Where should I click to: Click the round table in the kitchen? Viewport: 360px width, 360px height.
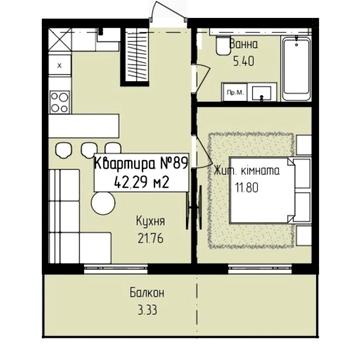pos(104,202)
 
